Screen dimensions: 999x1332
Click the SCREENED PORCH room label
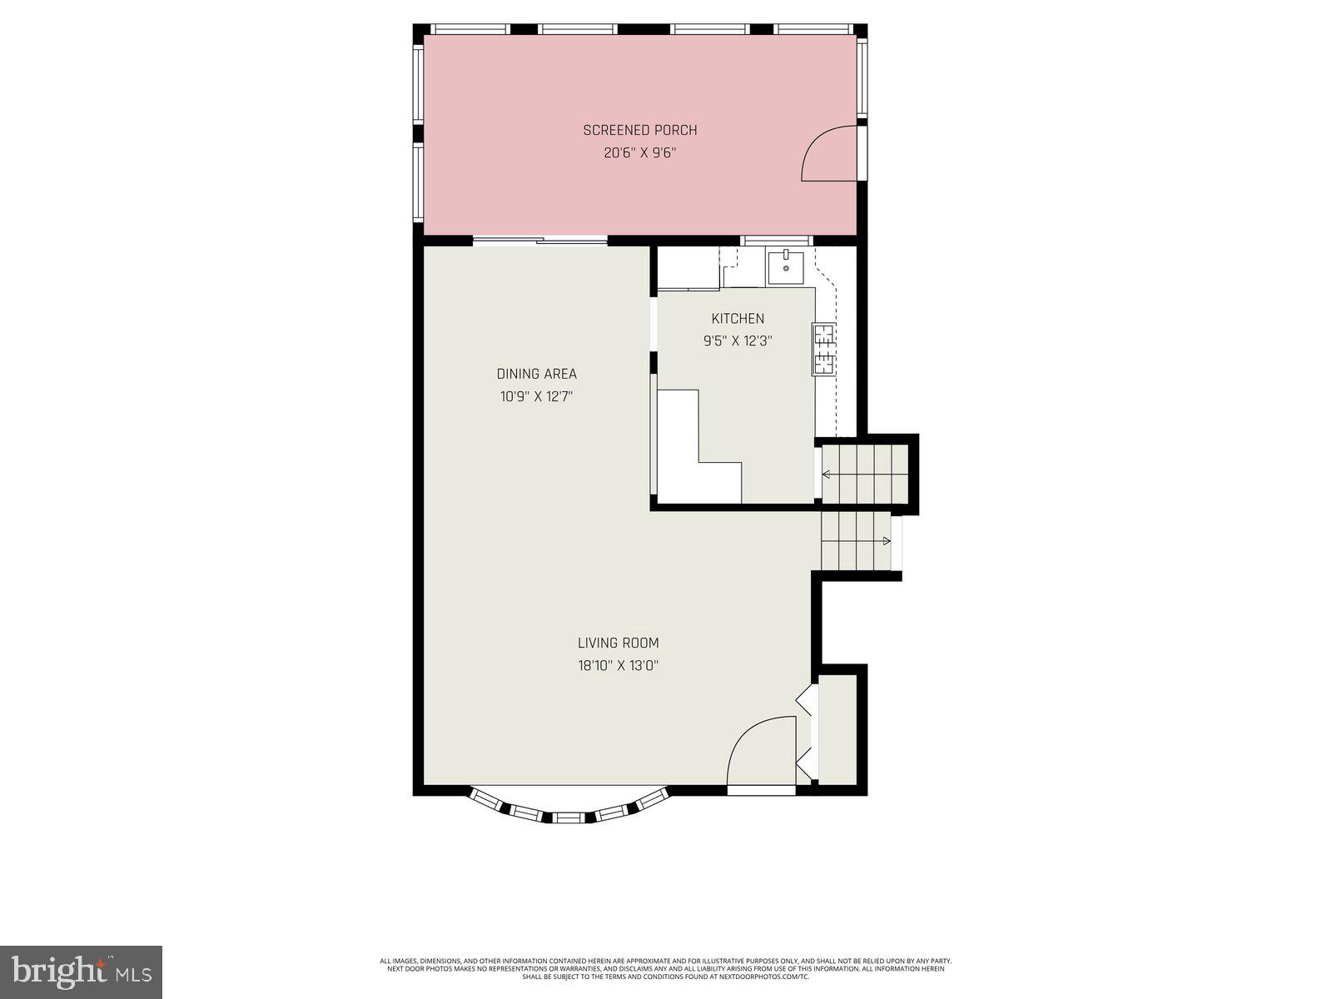point(639,130)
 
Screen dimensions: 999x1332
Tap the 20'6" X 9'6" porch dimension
point(639,153)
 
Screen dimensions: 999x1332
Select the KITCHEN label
point(738,318)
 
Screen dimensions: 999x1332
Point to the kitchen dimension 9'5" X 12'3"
point(738,340)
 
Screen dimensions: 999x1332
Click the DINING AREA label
point(536,374)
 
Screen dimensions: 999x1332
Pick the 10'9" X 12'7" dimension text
point(536,397)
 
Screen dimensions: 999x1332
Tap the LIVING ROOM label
point(618,643)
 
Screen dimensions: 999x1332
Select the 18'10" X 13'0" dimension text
point(618,666)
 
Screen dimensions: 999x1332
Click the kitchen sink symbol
point(785,267)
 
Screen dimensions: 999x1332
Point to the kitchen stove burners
point(823,349)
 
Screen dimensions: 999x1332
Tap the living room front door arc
point(759,749)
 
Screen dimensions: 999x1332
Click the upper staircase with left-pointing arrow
point(865,474)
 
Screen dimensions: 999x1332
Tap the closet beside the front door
point(837,729)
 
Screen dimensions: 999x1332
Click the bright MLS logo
point(81,971)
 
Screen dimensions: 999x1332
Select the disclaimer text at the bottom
point(666,968)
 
